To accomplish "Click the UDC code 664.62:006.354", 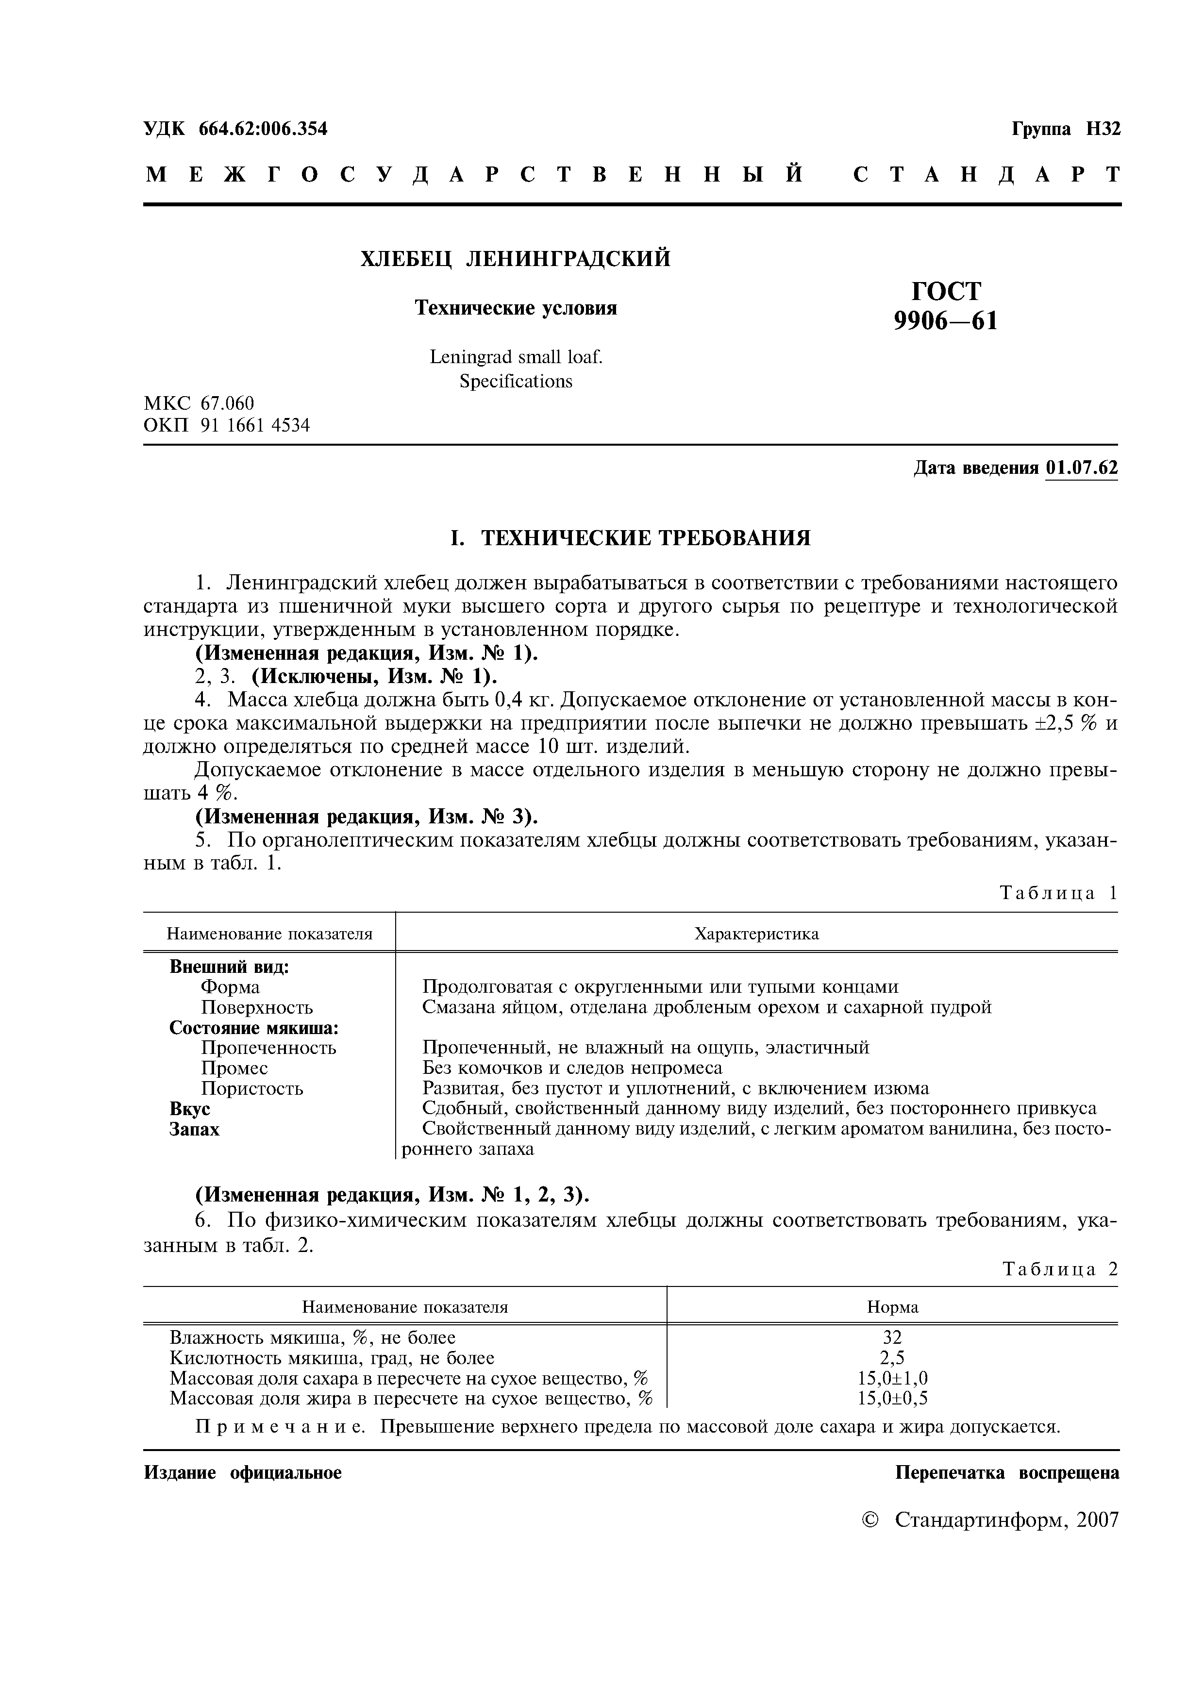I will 263,129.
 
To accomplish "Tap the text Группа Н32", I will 1066,129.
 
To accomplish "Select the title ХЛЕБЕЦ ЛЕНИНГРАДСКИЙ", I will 515,259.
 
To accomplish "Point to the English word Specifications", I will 516,381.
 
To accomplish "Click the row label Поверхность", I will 257,1008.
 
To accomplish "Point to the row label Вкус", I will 190,1109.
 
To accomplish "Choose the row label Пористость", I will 252,1089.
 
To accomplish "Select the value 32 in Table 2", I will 892,1338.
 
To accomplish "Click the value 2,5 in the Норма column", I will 892,1358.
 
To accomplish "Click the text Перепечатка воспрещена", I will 1007,1473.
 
